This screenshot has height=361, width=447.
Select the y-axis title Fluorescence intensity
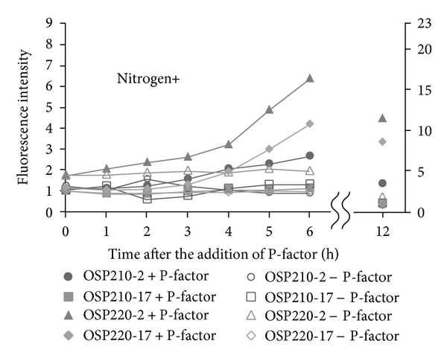point(24,116)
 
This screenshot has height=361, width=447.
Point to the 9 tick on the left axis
point(48,23)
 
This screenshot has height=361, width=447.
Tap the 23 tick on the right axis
point(405,23)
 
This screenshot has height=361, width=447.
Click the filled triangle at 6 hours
point(310,78)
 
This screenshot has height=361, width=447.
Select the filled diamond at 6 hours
point(310,124)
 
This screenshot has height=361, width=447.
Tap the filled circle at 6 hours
point(310,156)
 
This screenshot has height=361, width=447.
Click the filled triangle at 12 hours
point(382,118)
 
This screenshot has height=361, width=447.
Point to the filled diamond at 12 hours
point(382,141)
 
